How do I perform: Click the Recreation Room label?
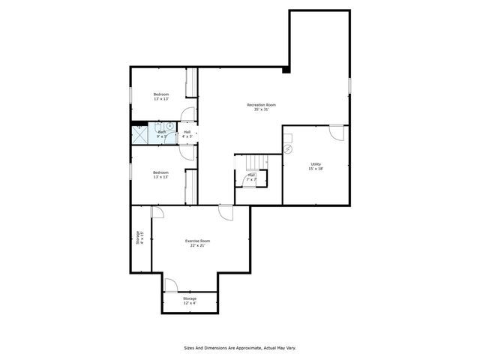pyautogui.click(x=261, y=107)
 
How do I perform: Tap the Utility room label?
pyautogui.click(x=316, y=166)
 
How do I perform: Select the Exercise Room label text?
pyautogui.click(x=198, y=244)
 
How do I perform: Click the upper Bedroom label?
pyautogui.click(x=161, y=96)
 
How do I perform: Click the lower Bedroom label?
pyautogui.click(x=160, y=174)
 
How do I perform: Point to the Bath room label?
pyautogui.click(x=161, y=134)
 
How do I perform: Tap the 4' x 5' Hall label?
pyautogui.click(x=187, y=134)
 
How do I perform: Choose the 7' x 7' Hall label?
pyautogui.click(x=252, y=178)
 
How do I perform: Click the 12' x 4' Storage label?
pyautogui.click(x=190, y=301)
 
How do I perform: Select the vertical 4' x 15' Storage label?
pyautogui.click(x=140, y=238)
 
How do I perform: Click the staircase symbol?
pyautogui.click(x=255, y=162)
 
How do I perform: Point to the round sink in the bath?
pyautogui.click(x=170, y=127)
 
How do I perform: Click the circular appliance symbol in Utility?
pyautogui.click(x=288, y=148)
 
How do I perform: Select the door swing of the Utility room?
pyautogui.click(x=337, y=132)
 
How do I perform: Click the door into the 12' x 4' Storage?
pyautogui.click(x=170, y=286)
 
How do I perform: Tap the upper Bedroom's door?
pyautogui.click(x=187, y=115)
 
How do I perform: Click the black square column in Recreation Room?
pyautogui.click(x=286, y=70)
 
